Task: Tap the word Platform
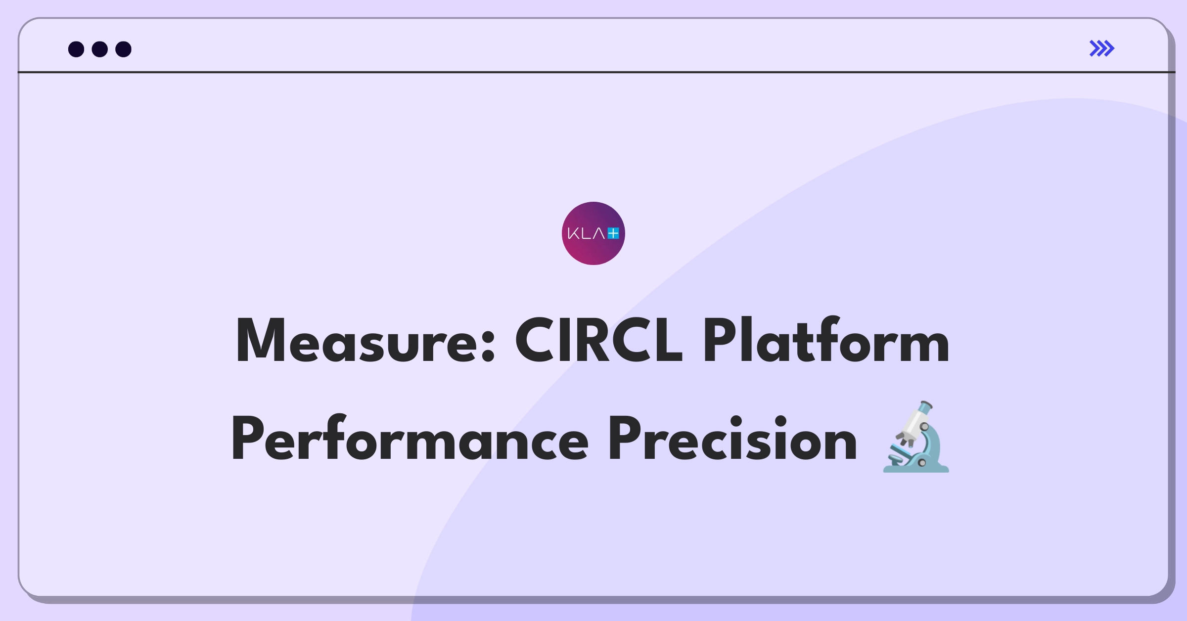click(x=825, y=340)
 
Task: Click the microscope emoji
click(x=916, y=437)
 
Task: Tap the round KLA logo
click(x=593, y=233)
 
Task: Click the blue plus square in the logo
click(x=613, y=233)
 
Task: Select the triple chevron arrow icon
click(x=1102, y=48)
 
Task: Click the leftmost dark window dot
click(x=76, y=49)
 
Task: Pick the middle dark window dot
click(x=100, y=49)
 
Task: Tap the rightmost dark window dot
click(x=123, y=49)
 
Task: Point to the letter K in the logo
click(x=573, y=233)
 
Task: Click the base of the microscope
click(x=916, y=466)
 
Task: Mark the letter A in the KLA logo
click(x=599, y=233)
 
